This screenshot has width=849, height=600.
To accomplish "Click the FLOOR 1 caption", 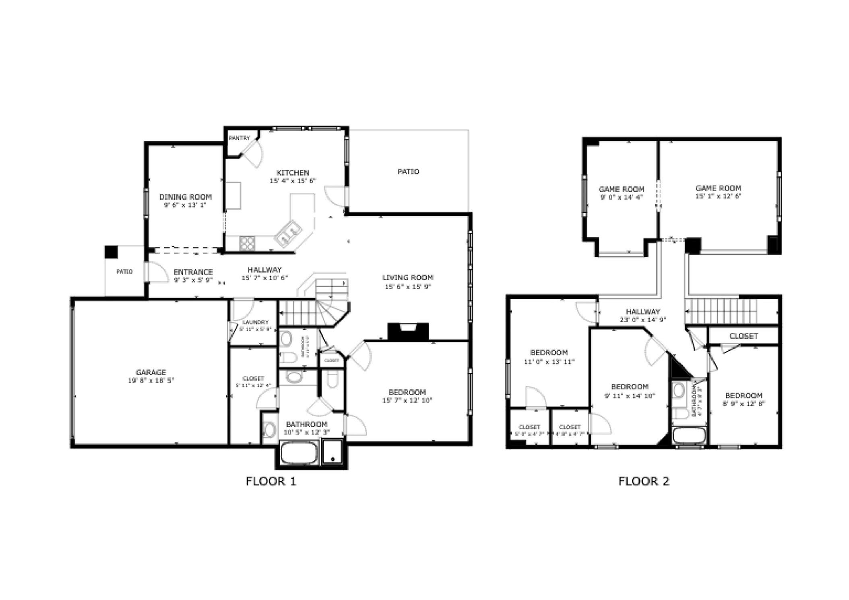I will click(x=271, y=481).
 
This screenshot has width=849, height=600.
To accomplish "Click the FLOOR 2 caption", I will click(x=643, y=481).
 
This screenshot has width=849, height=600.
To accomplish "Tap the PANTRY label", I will click(x=239, y=138).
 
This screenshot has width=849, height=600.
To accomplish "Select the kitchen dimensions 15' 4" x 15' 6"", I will click(x=293, y=181).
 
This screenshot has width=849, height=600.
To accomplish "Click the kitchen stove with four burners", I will click(x=247, y=243).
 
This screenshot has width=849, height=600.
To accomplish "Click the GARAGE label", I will click(x=151, y=372).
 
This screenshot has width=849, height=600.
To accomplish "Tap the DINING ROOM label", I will click(x=185, y=197).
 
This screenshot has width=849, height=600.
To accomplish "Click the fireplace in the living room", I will click(x=408, y=331).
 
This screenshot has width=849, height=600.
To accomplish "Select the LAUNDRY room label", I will click(x=255, y=323).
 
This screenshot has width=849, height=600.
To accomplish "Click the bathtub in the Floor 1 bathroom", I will click(x=298, y=453).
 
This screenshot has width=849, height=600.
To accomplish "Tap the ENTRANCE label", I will click(x=193, y=272).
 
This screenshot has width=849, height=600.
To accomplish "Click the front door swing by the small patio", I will click(x=157, y=272).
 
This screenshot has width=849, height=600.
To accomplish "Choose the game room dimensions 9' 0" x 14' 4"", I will click(x=622, y=197).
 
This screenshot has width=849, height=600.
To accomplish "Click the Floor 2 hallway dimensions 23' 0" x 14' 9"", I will click(x=642, y=320).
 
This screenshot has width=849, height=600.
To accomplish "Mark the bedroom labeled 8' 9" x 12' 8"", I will click(x=744, y=403).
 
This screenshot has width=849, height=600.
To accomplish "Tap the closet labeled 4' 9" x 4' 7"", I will click(x=570, y=434).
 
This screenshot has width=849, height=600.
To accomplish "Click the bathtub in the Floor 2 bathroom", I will click(x=689, y=436).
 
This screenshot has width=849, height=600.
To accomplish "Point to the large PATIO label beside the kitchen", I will click(x=408, y=172).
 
